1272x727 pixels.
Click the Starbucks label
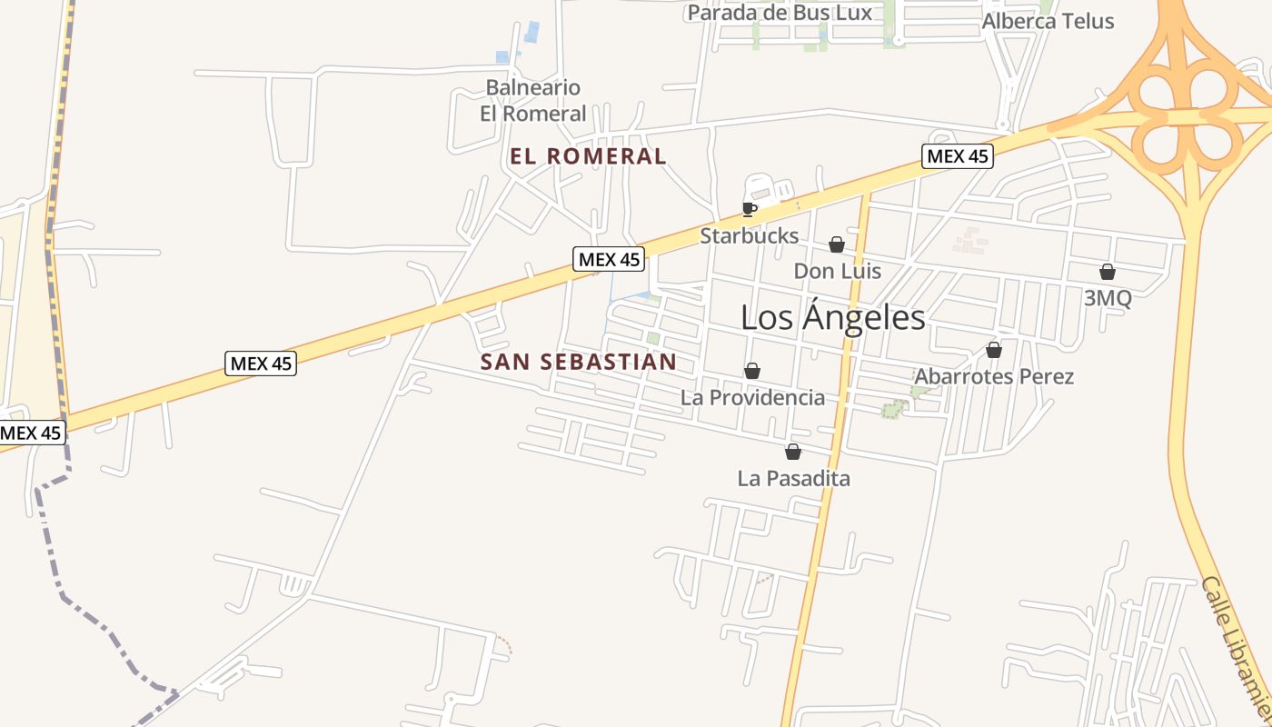click(749, 236)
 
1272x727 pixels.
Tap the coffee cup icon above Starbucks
click(749, 209)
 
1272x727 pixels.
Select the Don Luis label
click(837, 271)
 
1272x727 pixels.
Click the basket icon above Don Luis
click(837, 244)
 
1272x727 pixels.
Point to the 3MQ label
click(1108, 298)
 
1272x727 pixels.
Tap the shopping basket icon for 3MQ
click(1108, 272)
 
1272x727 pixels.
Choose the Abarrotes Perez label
click(994, 376)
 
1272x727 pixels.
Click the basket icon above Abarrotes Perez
click(994, 350)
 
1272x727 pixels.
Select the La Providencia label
click(752, 397)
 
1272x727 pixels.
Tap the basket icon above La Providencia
click(752, 371)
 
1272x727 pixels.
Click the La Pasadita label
click(793, 478)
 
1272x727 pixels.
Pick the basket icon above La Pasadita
click(793, 452)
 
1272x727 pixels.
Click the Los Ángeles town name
click(832, 317)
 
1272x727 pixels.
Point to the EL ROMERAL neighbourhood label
click(588, 156)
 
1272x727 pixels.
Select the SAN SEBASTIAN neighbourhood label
click(578, 362)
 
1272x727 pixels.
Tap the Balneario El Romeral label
click(532, 101)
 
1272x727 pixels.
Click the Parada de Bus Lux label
click(779, 13)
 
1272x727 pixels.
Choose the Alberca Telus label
click(1048, 21)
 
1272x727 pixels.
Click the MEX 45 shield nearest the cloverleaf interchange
click(957, 156)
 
